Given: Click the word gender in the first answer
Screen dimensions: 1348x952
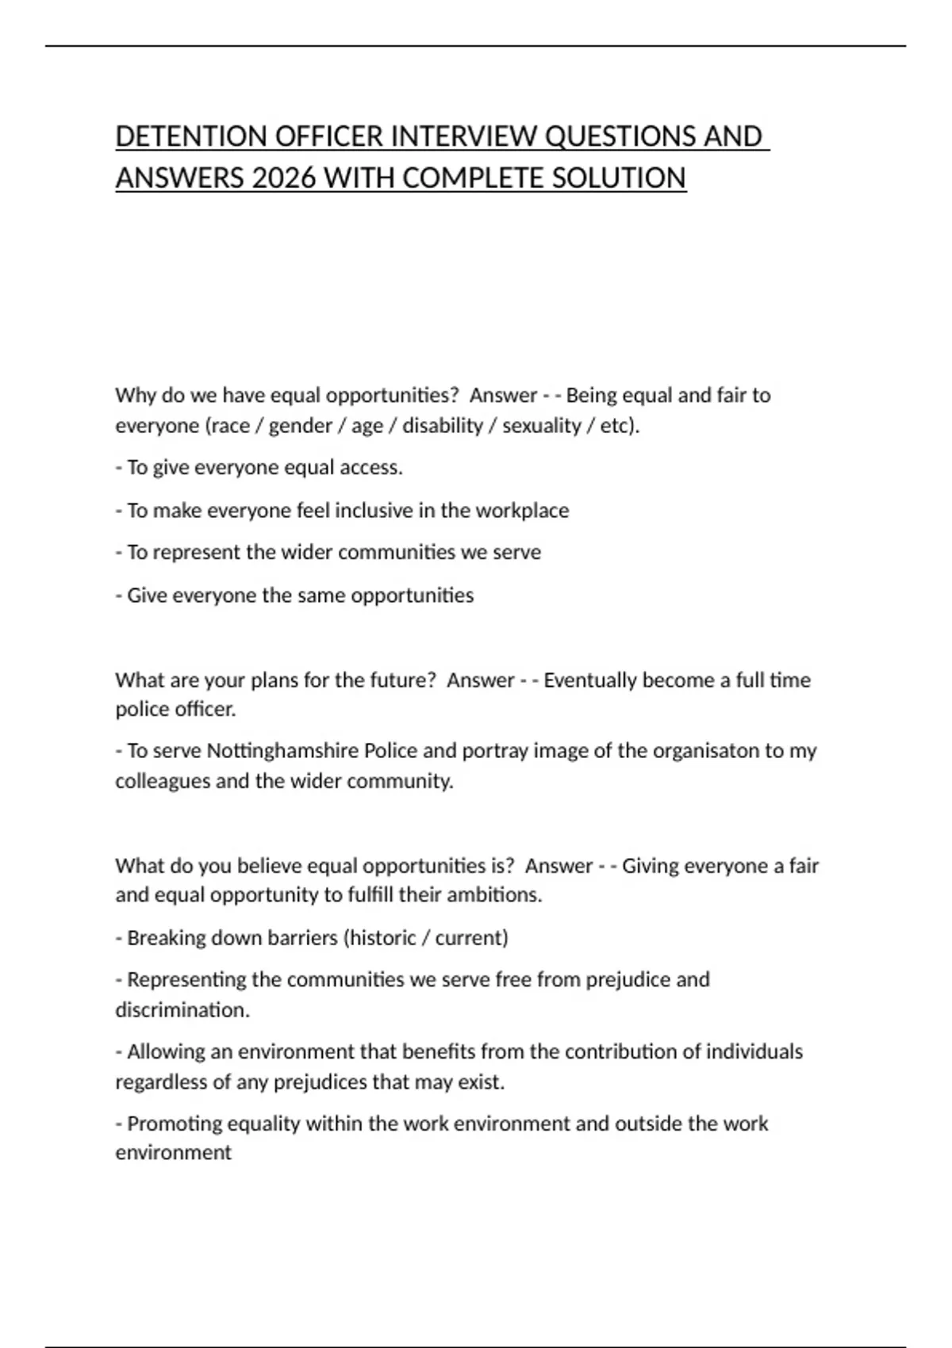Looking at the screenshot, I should coord(300,426).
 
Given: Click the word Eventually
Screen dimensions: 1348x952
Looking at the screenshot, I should coord(590,680).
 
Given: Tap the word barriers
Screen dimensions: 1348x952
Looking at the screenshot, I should coord(302,938).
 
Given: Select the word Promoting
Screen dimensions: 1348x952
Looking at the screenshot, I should coord(174,1124).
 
